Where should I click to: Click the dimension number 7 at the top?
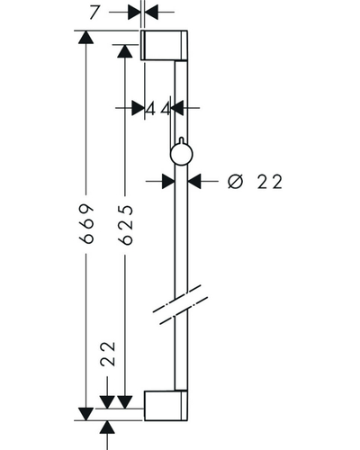tap(94, 13)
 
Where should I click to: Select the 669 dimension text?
tap(86, 223)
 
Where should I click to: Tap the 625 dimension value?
tap(125, 225)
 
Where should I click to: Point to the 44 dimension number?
tap(158, 109)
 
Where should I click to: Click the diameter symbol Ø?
tap(235, 182)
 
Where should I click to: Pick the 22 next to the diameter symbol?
tap(270, 182)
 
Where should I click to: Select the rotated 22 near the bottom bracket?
tap(108, 354)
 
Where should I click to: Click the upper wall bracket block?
tap(164, 45)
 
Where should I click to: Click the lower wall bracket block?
tap(166, 406)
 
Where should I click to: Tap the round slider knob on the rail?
tap(181, 153)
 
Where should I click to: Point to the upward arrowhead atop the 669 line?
tap(85, 37)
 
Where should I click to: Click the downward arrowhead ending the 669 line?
tap(85, 414)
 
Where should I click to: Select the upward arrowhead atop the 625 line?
tap(125, 50)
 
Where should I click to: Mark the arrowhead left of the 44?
tap(138, 108)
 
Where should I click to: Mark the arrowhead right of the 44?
tap(177, 108)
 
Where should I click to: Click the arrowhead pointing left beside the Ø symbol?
tap(194, 181)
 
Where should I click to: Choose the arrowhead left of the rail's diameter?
tap(168, 181)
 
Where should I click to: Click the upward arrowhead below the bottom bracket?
tap(107, 427)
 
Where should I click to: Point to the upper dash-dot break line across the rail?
tap(176, 299)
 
